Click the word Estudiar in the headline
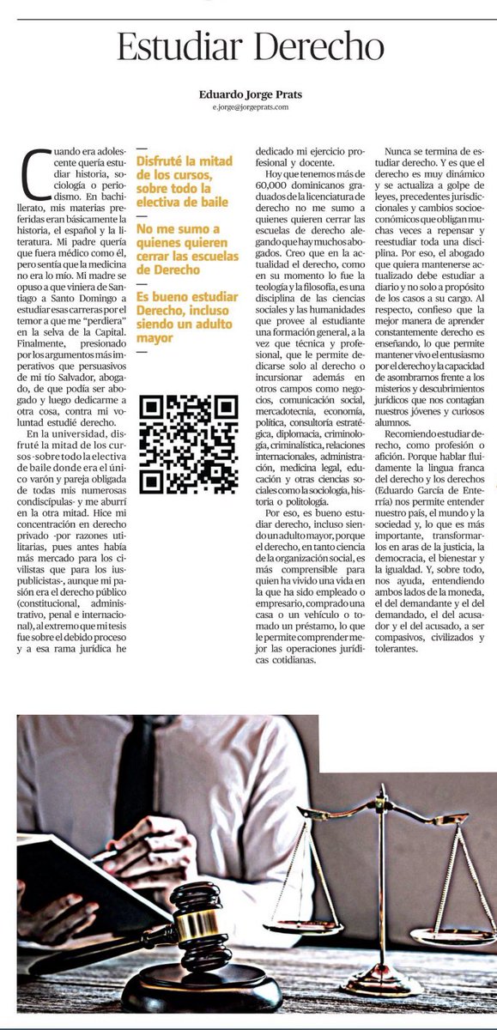pyautogui.click(x=176, y=45)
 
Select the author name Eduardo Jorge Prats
pyautogui.click(x=248, y=94)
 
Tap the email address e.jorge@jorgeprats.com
pyautogui.click(x=248, y=107)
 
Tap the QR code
pyautogui.click(x=188, y=443)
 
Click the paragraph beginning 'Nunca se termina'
pyautogui.click(x=429, y=283)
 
